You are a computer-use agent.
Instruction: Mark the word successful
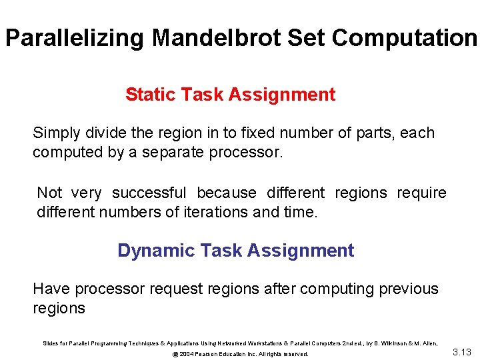(x=149, y=193)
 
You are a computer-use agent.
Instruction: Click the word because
(x=227, y=193)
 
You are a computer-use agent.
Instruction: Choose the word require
(x=422, y=193)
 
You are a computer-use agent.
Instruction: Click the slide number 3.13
(x=461, y=352)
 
